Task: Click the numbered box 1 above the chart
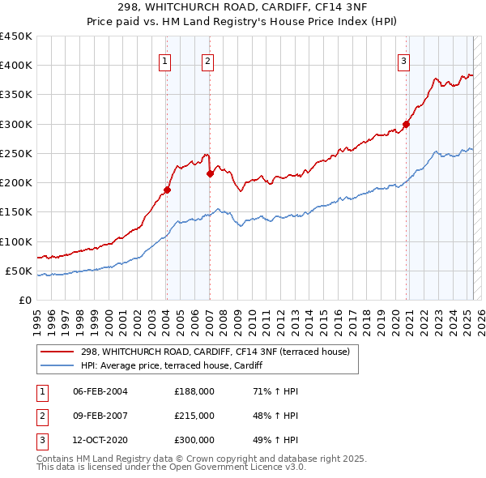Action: click(164, 60)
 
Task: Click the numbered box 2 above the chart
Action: click(207, 60)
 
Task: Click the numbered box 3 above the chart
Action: click(403, 60)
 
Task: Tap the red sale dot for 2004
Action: click(167, 190)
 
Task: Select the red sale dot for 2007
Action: click(210, 173)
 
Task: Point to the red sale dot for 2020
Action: click(406, 124)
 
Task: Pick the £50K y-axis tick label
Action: click(19, 271)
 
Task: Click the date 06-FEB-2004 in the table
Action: click(100, 391)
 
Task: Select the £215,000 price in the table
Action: click(194, 416)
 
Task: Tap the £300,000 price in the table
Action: click(194, 440)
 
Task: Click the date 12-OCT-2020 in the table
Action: click(100, 440)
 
